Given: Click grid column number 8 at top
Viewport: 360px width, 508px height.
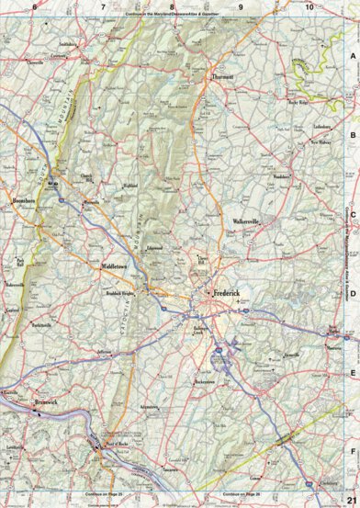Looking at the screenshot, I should pyautogui.click(x=172, y=7).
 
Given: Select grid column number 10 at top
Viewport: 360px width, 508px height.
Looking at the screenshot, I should pyautogui.click(x=309, y=7).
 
